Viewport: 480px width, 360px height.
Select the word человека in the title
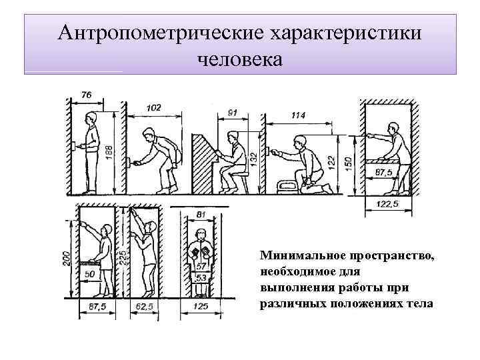240,59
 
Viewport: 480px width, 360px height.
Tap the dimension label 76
86,95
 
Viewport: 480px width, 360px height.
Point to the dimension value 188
109,153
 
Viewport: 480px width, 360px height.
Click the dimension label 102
153,108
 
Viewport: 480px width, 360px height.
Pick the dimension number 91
231,113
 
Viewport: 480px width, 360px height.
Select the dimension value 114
298,115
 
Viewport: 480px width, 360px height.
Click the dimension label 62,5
143,307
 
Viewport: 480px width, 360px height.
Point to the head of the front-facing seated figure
201,237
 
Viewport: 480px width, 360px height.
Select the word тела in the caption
419,304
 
